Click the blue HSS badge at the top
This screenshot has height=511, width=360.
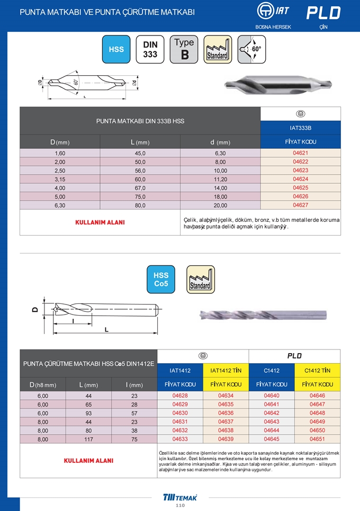(116, 49)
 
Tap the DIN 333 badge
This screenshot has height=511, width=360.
(150, 49)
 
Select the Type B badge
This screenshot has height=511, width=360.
(184, 49)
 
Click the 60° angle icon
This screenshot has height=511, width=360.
(252, 49)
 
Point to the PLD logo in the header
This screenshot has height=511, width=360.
(323, 13)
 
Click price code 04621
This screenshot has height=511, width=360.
(300, 153)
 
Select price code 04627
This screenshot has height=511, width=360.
(300, 205)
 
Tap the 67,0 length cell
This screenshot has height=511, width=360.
(140, 188)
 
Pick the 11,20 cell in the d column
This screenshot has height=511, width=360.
(220, 179)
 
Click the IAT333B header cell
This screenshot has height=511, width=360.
(300, 128)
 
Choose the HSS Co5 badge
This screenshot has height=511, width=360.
(161, 280)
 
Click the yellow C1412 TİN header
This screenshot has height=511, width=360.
(317, 371)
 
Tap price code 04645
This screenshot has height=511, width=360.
(271, 439)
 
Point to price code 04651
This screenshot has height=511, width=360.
(317, 439)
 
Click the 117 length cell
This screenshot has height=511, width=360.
(88, 439)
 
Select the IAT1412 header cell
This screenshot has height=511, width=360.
(180, 371)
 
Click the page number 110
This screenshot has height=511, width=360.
(180, 506)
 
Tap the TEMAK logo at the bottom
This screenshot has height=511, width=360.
(180, 497)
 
